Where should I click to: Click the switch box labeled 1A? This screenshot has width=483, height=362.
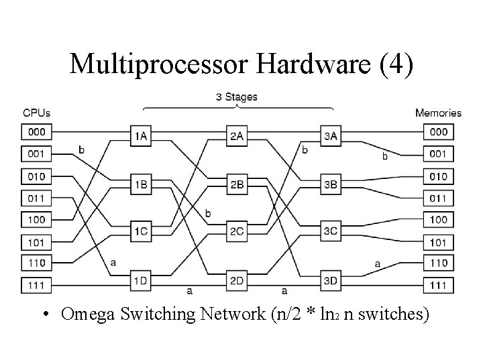pos(142,135)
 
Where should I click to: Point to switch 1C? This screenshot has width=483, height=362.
pos(142,231)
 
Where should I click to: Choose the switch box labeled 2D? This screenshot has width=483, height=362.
pos(236,280)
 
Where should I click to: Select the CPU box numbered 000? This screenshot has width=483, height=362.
pos(36,132)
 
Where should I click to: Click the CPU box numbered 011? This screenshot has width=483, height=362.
pos(36,198)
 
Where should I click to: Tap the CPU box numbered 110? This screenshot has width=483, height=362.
pos(36,263)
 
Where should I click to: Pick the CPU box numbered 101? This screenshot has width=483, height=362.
pos(36,242)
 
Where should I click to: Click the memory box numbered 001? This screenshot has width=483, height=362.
pos(439,154)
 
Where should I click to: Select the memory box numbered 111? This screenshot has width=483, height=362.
pos(439,286)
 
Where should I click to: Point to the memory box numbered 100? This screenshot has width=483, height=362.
pos(439,220)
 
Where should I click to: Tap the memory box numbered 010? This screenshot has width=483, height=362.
pos(439,176)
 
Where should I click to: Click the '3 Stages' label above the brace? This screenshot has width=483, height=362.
pos(236,97)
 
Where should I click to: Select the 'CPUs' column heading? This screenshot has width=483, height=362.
pos(36,113)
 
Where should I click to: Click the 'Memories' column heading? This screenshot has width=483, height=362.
pos(438,113)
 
